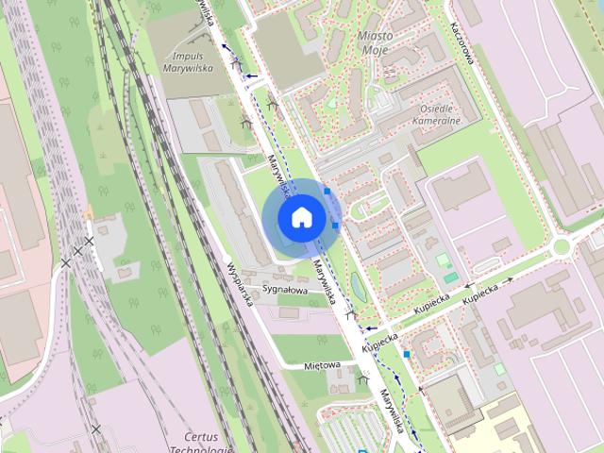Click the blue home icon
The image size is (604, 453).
300,217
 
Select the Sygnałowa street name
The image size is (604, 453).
285,290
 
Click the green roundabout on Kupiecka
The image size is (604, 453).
562,247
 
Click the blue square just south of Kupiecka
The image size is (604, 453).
407,354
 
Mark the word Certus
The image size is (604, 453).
201,437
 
